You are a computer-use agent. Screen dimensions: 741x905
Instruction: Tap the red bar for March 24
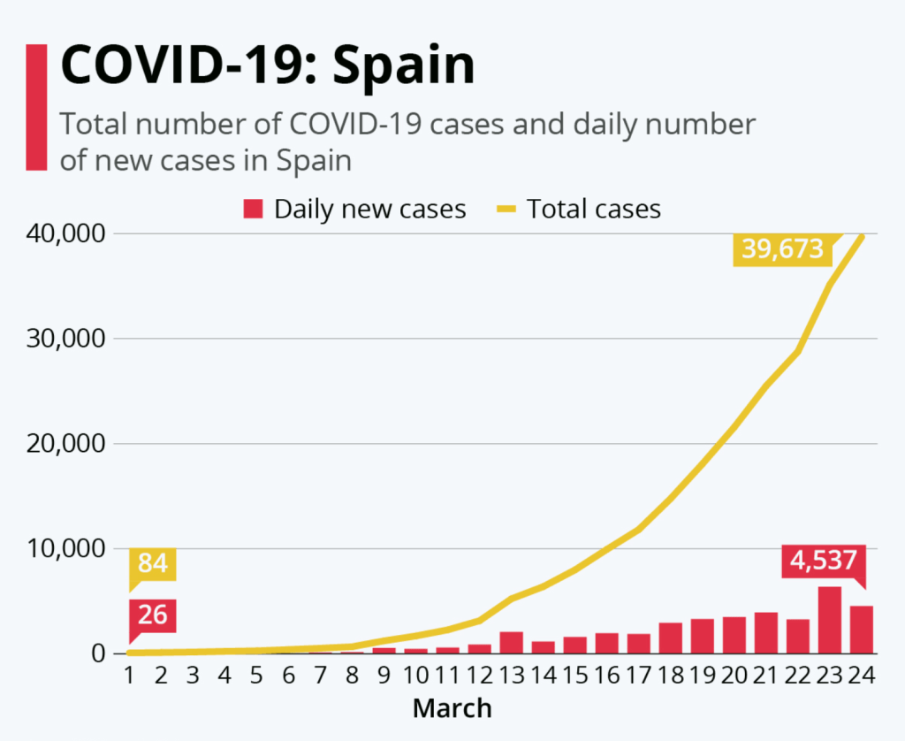(x=862, y=630)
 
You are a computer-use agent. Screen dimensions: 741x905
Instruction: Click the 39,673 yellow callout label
(x=783, y=249)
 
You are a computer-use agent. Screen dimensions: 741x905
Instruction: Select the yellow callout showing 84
(x=153, y=563)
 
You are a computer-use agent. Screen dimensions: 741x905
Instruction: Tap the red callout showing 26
(x=153, y=615)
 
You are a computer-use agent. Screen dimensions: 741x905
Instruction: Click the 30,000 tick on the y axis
(x=66, y=339)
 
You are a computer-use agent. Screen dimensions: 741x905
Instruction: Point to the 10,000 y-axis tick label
(x=66, y=548)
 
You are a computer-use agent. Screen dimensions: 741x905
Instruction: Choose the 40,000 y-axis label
(x=66, y=234)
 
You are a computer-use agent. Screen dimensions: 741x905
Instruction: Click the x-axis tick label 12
(x=479, y=676)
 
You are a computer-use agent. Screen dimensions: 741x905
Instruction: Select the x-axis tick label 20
(x=734, y=676)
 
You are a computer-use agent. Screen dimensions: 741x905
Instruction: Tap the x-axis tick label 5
(x=256, y=676)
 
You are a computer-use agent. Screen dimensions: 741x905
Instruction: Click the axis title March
(x=452, y=708)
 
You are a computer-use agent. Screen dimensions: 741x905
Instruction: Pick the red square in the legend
(x=254, y=210)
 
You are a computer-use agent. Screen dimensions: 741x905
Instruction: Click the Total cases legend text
(x=593, y=210)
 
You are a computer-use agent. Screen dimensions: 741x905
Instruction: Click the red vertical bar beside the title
(x=36, y=106)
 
